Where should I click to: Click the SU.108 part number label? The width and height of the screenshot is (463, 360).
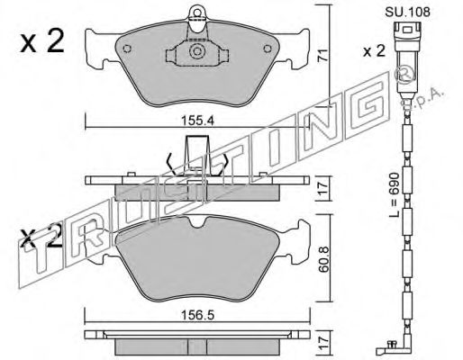pyautogui.click(x=407, y=12)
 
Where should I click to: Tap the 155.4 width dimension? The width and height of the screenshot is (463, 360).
pyautogui.click(x=197, y=121)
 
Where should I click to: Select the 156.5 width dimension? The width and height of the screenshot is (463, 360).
pyautogui.click(x=197, y=315)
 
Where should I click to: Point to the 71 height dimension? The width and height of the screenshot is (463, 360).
pyautogui.click(x=322, y=56)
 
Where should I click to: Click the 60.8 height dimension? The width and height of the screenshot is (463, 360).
pyautogui.click(x=323, y=259)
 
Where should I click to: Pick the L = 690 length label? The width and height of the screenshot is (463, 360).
pyautogui.click(x=395, y=195)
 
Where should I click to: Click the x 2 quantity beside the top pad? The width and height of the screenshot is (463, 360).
pyautogui.click(x=42, y=42)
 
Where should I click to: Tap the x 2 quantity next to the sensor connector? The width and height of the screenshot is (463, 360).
pyautogui.click(x=374, y=51)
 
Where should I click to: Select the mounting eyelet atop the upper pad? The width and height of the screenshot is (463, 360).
pyautogui.click(x=197, y=15)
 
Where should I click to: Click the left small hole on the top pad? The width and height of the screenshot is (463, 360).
pyautogui.click(x=127, y=49)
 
